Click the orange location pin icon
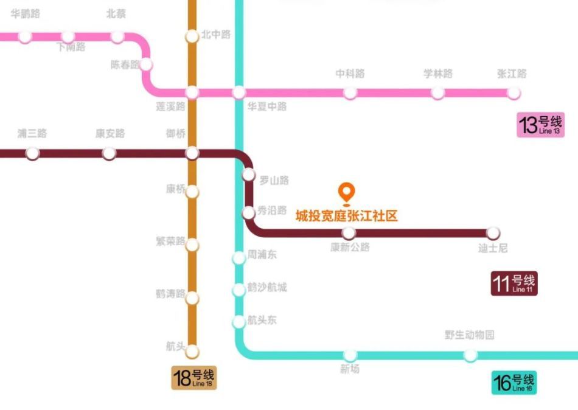point(347,193)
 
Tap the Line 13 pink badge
point(540,125)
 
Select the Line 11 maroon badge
point(514,283)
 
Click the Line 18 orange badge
point(194,378)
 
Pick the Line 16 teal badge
point(514,383)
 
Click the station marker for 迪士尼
point(493,233)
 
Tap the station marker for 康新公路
point(349,233)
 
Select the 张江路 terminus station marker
point(514,93)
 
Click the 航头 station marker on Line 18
point(192,352)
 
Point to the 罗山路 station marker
point(248,175)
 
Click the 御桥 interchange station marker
point(192,153)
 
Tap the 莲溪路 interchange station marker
point(192,92)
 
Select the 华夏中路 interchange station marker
point(239,92)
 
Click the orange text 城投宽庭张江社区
point(347,216)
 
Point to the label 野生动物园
point(469,335)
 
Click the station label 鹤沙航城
point(267,287)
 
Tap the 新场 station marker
point(350,355)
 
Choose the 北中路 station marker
point(192,36)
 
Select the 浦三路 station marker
point(32,153)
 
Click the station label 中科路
point(350,74)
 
